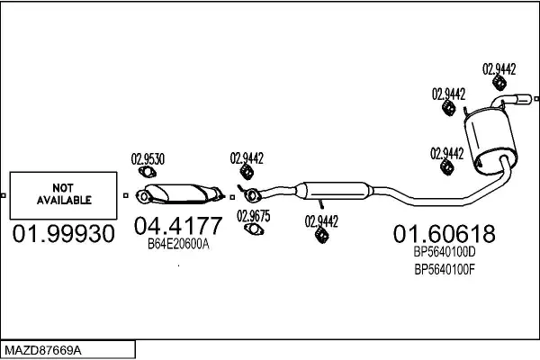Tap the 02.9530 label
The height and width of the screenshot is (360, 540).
[148, 159]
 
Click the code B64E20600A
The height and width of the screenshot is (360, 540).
[178, 243]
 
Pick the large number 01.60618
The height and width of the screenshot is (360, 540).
[443, 235]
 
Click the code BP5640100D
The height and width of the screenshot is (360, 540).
[443, 253]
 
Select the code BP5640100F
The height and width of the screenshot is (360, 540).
[443, 268]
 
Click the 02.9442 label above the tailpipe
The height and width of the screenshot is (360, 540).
[499, 67]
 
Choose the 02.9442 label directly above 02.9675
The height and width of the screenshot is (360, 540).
[247, 157]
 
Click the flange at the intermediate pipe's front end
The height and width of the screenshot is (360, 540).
[254, 192]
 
